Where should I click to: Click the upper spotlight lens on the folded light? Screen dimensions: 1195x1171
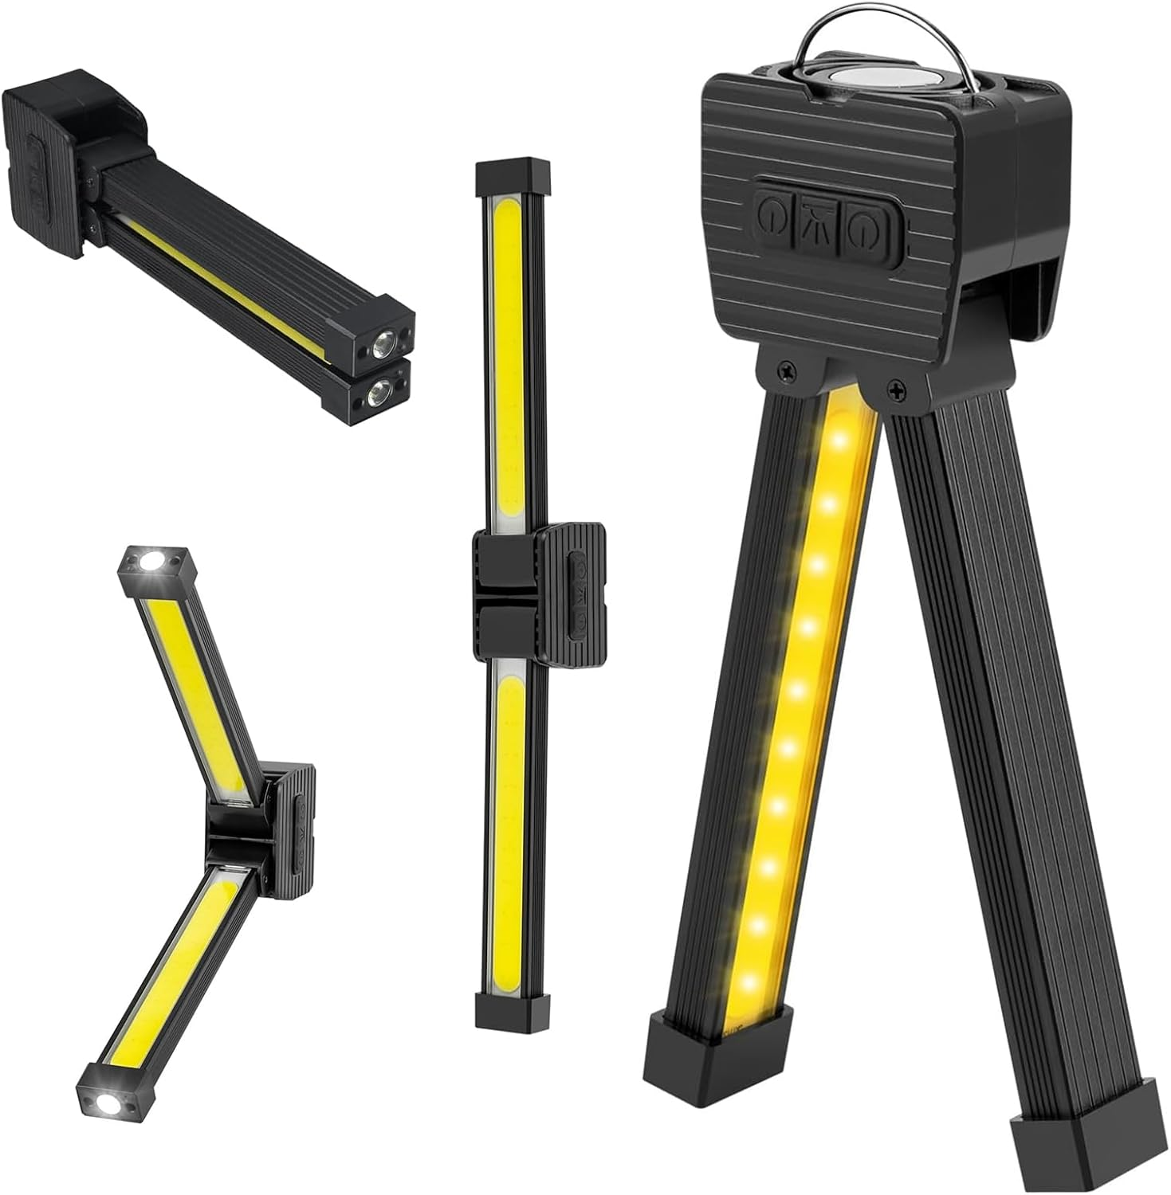(x=383, y=344)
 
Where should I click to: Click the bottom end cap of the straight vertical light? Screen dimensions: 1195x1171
(x=513, y=1009)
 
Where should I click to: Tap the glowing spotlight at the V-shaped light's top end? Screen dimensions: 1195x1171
(x=151, y=562)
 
